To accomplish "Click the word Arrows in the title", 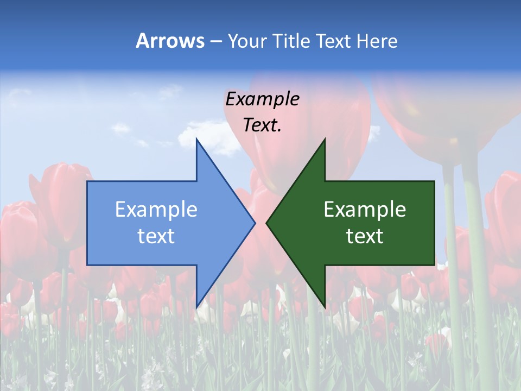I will pyautogui.click(x=170, y=41).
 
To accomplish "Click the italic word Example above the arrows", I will pyautogui.click(x=262, y=99).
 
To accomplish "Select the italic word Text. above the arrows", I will pyautogui.click(x=262, y=125).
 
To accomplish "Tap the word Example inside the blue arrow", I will pyautogui.click(x=156, y=209).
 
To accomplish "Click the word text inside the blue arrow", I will pyautogui.click(x=156, y=236).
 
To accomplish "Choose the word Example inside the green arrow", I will pyautogui.click(x=365, y=209).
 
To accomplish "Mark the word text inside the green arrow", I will pyautogui.click(x=365, y=236).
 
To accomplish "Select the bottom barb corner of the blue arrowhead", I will pyautogui.click(x=196, y=306).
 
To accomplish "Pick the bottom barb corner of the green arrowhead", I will pyautogui.click(x=325, y=306).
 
